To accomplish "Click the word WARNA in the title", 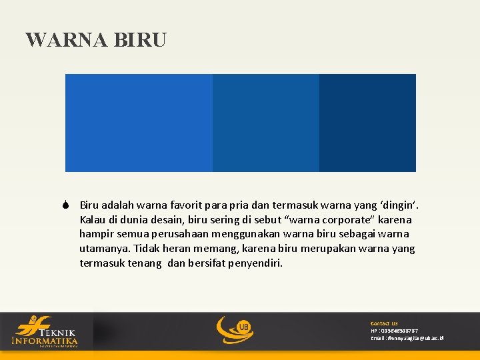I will (67, 40).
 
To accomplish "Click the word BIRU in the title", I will (140, 40).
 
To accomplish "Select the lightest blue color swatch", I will (139, 123).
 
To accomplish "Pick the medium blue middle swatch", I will (265, 123).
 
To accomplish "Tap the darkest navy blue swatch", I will (367, 123).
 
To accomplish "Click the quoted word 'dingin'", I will (401, 205).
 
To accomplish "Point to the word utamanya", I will (104, 249).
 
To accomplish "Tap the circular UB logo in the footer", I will (235, 329).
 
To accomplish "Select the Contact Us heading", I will (384, 323).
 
